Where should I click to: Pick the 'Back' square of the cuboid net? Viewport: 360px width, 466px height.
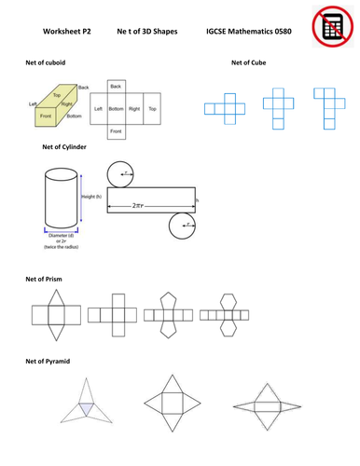pos(116,86)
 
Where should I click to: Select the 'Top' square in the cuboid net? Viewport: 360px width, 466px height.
pos(153,109)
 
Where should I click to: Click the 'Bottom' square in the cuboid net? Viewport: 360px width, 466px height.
pos(116,109)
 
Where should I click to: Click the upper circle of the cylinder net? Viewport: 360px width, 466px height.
pos(118,173)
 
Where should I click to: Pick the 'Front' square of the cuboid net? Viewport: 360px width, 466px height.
pos(116,132)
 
